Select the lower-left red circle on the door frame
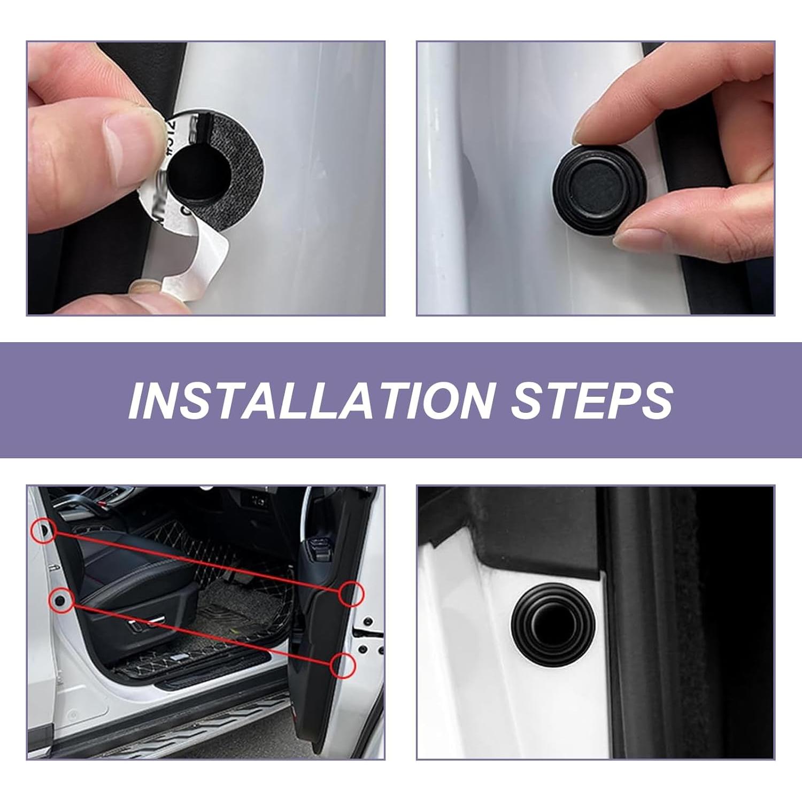61,600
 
